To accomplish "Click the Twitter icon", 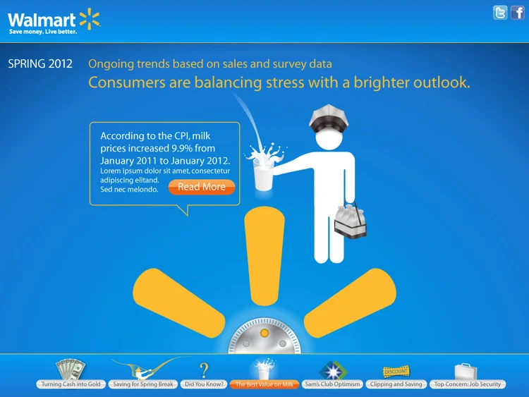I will pyautogui.click(x=500, y=13).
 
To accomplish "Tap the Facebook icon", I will pyautogui.click(x=518, y=13).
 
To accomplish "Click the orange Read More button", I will pyautogui.click(x=202, y=187).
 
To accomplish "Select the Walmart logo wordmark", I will pyautogui.click(x=42, y=18).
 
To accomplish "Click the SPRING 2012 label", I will pyautogui.click(x=40, y=63).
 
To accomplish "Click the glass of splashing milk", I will pyautogui.click(x=264, y=170).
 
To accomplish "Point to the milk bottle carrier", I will pyautogui.click(x=353, y=219).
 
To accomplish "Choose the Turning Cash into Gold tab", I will pyautogui.click(x=71, y=384).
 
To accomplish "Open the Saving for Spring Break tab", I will pyautogui.click(x=143, y=384).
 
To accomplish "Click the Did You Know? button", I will pyautogui.click(x=204, y=384).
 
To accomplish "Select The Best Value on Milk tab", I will pyautogui.click(x=264, y=384).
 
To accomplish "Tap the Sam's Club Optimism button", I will pyautogui.click(x=332, y=384).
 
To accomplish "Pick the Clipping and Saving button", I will pyautogui.click(x=396, y=384).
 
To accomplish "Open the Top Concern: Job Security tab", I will pyautogui.click(x=468, y=384).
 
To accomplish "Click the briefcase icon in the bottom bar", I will pyautogui.click(x=466, y=370).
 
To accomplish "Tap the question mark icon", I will pyautogui.click(x=204, y=369).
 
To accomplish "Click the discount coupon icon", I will pyautogui.click(x=396, y=371).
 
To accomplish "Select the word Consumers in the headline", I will pyautogui.click(x=124, y=83).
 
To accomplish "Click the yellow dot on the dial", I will pyautogui.click(x=264, y=332).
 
